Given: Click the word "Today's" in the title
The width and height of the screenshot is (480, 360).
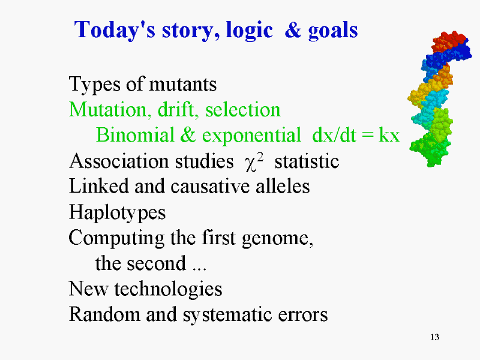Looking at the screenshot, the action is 115,31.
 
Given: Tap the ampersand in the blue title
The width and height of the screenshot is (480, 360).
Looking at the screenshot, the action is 293,30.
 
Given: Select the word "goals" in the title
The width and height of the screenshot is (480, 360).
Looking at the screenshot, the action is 333,31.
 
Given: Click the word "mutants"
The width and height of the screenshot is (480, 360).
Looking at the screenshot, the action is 183,84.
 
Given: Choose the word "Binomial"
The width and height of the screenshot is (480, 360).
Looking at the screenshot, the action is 135,134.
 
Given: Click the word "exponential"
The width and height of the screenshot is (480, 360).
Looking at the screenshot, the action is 251,136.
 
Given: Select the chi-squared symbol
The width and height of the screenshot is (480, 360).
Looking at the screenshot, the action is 254,162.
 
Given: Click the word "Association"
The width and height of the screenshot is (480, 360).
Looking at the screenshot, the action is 119,161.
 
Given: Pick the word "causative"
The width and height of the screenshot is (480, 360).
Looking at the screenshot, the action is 209,187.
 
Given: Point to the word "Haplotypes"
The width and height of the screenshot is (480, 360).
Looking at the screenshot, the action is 117,213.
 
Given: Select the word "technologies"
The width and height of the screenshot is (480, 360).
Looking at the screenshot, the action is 168,289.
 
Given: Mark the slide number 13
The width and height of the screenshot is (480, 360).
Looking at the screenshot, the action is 434,337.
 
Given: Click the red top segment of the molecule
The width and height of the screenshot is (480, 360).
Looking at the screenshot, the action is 449,42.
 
